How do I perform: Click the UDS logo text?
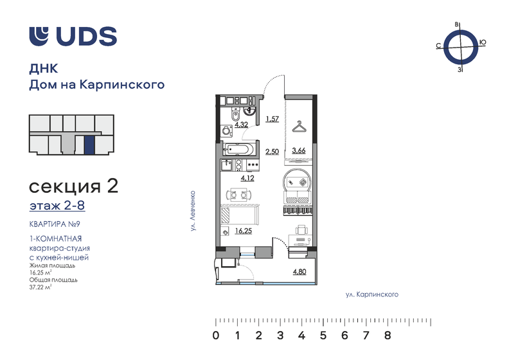click(87, 36)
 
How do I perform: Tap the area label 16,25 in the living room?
click(244, 231)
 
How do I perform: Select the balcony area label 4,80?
click(299, 272)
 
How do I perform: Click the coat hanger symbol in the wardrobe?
click(299, 127)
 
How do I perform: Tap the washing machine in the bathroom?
click(227, 130)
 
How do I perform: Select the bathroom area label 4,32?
click(242, 124)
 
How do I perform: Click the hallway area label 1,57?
click(272, 119)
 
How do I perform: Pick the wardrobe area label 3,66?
click(299, 150)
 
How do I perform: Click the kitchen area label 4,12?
click(247, 178)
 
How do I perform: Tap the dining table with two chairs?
click(238, 195)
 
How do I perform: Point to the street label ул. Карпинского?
click(371, 295)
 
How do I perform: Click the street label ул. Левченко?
click(193, 211)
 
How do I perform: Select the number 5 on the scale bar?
click(323, 335)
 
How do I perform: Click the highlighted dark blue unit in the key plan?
click(89, 145)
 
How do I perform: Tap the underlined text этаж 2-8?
click(57, 206)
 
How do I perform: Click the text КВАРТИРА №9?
click(55, 224)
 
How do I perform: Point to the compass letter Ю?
click(483, 42)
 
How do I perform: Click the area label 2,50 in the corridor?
click(272, 152)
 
